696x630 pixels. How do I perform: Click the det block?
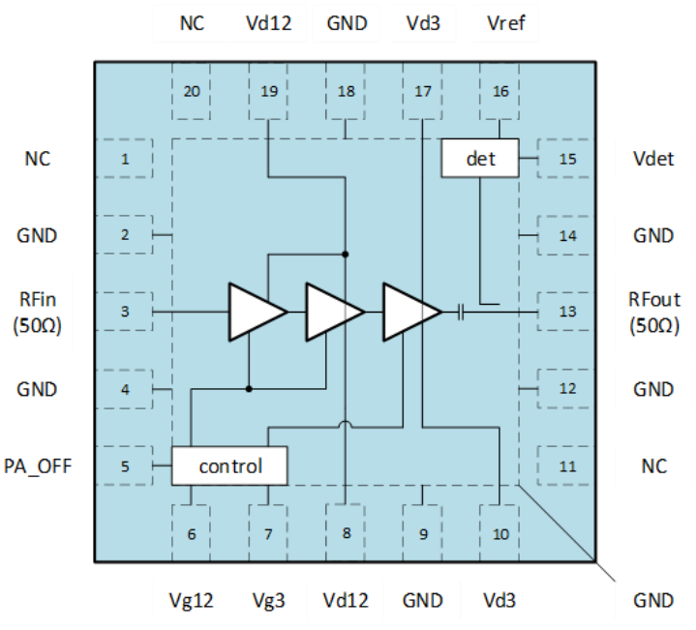[x=480, y=158]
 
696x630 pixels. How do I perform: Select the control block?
[x=229, y=465]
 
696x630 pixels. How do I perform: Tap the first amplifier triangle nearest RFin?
[x=254, y=312]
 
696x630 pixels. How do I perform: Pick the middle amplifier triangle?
[x=331, y=312]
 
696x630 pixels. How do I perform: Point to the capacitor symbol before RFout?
[x=461, y=312]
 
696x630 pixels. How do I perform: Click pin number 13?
[x=567, y=312]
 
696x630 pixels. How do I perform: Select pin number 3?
[x=125, y=312]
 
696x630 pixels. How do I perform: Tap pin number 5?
[x=125, y=466]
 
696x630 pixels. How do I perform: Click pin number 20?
[x=192, y=92]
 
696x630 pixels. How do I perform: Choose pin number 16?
[x=499, y=92]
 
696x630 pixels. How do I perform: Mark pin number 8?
[x=346, y=533]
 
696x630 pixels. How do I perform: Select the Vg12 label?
[x=191, y=600]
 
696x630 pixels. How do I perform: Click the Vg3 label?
[x=268, y=600]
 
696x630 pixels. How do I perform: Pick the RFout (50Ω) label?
[x=653, y=312]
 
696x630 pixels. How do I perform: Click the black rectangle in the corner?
[x=29, y=23]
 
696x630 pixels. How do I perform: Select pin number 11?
[x=567, y=466]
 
